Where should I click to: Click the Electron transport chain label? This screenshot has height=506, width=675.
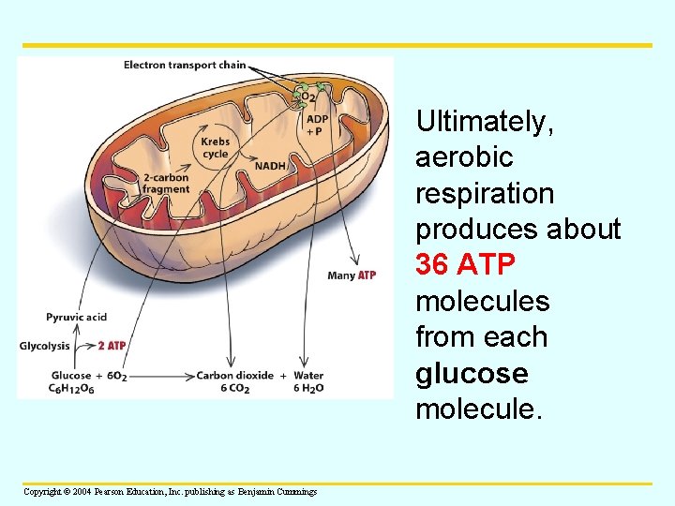pos(185,66)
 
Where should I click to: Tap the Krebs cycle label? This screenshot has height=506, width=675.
pos(215,148)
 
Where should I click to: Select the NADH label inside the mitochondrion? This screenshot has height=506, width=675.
pos(270,167)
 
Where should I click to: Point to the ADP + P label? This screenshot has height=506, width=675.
pos(317,126)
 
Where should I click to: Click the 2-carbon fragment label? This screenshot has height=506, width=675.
pos(166,184)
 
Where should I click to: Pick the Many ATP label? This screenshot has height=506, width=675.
pos(352,275)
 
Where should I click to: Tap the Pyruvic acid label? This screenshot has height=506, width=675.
pos(77,318)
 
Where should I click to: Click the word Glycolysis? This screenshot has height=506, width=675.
pos(45,346)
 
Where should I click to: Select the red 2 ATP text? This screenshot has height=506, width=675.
pos(112,346)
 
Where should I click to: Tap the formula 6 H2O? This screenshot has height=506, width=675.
pos(308,390)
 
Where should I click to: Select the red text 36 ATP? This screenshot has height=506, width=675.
pos(465,265)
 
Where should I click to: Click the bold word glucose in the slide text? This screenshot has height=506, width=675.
pos(472,374)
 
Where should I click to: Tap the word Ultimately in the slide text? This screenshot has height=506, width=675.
pos(485,121)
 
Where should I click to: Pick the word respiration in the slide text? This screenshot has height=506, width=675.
pos(485,193)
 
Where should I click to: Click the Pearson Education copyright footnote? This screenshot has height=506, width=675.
pos(170,492)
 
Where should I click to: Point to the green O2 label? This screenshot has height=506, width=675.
pos(307,96)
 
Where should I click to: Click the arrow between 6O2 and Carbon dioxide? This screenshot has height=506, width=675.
pos(161,377)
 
